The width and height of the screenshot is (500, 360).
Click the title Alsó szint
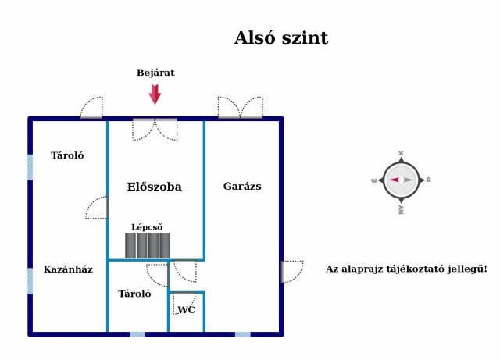(x=281, y=38)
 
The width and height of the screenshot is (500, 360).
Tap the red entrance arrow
(x=155, y=94)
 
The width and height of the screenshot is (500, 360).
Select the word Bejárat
(x=155, y=73)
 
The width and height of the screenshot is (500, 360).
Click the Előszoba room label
(x=155, y=187)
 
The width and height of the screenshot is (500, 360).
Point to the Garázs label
(x=242, y=186)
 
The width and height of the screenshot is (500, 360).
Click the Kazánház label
(x=68, y=269)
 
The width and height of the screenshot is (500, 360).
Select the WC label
(x=186, y=310)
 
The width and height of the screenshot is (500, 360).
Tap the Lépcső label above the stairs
(x=147, y=227)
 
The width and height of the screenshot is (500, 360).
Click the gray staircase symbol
(x=148, y=245)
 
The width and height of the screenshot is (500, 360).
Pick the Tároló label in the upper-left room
(x=67, y=155)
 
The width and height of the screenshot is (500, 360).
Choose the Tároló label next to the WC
(x=134, y=294)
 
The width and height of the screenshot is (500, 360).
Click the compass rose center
(x=402, y=180)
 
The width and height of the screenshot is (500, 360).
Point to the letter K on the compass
(x=402, y=154)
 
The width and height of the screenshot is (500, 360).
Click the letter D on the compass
(x=428, y=180)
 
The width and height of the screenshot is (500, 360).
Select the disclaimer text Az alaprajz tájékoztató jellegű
(x=406, y=269)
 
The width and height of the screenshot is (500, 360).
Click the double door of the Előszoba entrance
(x=155, y=128)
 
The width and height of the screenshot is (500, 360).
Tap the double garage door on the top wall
(x=240, y=109)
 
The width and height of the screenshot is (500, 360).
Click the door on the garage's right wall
(x=291, y=272)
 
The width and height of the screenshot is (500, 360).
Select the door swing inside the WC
(x=184, y=301)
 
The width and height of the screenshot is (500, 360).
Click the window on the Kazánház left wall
(x=30, y=280)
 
